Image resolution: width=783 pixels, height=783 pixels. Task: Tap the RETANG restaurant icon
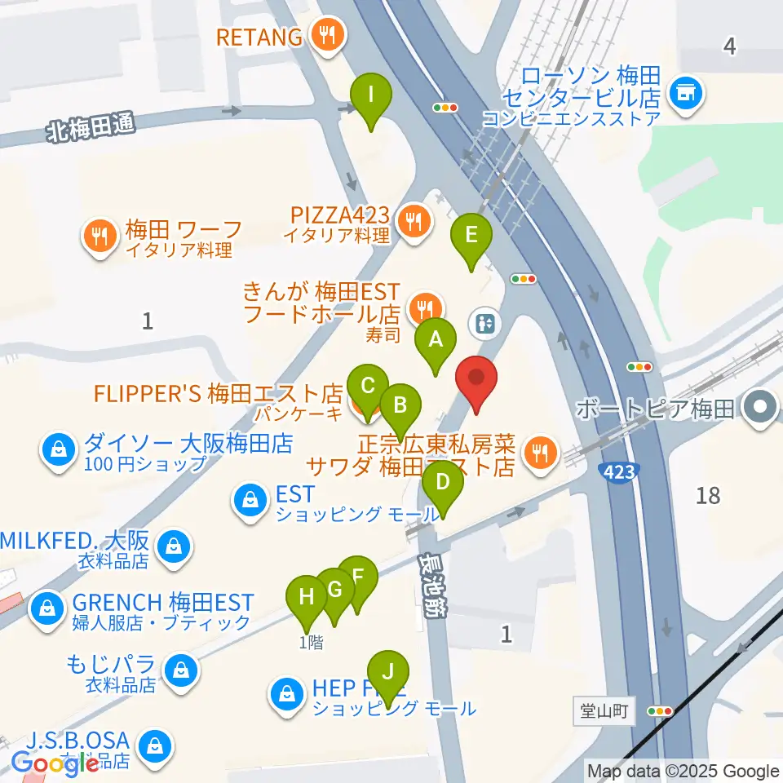(x=329, y=36)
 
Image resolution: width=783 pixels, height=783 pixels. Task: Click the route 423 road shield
(x=618, y=471)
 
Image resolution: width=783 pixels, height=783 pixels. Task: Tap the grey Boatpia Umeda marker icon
(x=760, y=407)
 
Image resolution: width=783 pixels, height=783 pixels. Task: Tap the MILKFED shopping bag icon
(x=174, y=545)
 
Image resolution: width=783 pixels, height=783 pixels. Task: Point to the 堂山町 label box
(x=604, y=710)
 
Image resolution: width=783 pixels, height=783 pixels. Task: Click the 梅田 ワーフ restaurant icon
(x=100, y=237)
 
